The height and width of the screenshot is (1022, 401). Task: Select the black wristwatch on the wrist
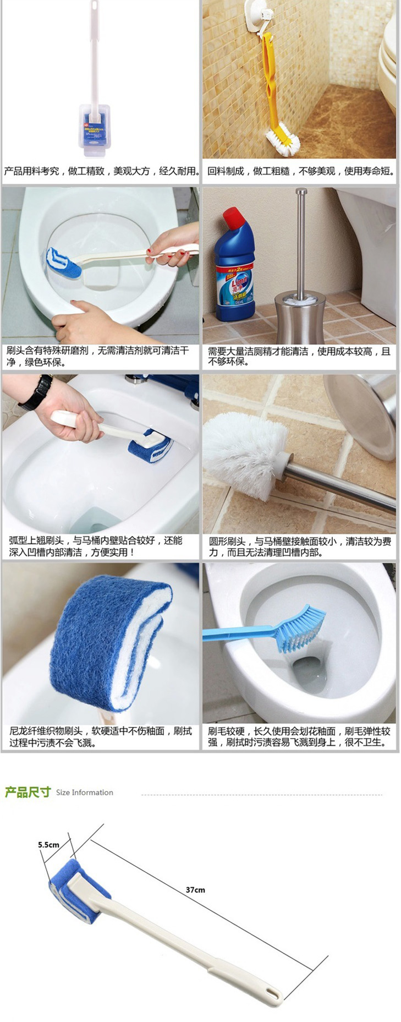(37, 392)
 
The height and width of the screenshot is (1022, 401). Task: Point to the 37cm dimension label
(195, 889)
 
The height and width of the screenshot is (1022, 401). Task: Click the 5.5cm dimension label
(48, 844)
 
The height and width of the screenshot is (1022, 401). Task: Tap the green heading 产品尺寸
(28, 792)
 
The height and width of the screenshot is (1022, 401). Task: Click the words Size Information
(85, 793)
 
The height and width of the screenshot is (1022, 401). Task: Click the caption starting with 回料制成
(301, 171)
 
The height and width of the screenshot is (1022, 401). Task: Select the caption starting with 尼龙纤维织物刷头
(100, 737)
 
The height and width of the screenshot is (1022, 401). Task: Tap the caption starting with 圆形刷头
(300, 546)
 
